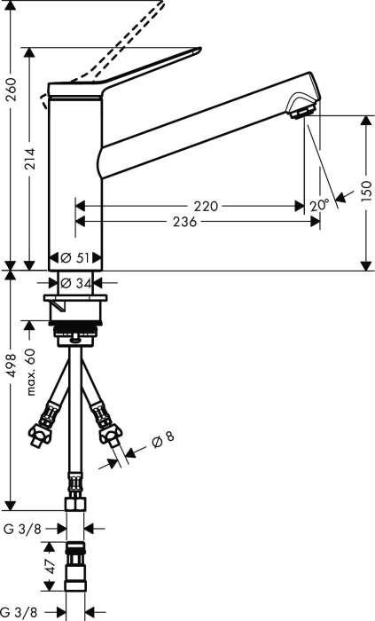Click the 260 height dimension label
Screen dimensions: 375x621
coord(12,90)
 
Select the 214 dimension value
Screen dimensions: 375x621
coord(28,159)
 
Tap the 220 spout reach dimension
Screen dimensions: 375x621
coord(206,206)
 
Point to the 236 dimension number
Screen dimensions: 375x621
coord(184,222)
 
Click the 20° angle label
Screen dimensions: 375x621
coord(319,205)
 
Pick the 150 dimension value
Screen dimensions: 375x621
coord(367,191)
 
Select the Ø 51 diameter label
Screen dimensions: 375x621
coord(75,258)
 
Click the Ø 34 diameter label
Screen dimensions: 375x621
coord(76,283)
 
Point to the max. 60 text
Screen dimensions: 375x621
coord(31,372)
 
